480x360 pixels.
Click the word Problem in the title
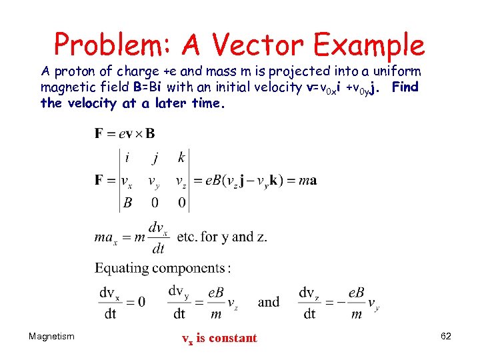coord(110,46)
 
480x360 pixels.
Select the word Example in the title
coord(370,46)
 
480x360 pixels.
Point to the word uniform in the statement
coord(397,71)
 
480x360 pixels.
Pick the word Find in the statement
coord(405,87)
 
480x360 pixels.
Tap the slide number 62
coord(446,337)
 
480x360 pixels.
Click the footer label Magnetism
coord(51,337)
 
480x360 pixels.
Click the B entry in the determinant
coord(127,203)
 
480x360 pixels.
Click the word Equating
coord(122,268)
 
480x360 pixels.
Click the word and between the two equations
coord(269,302)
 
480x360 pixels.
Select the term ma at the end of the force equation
coord(308,180)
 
